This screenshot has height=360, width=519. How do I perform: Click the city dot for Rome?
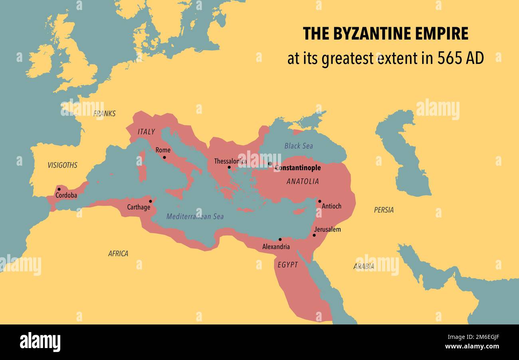164,157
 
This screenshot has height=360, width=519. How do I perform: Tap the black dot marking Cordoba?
59,189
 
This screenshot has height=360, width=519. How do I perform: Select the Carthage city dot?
151,201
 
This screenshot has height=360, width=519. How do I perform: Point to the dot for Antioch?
319,201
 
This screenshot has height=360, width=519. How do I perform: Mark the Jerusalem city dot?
314,235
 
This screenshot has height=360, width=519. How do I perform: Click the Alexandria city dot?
280,239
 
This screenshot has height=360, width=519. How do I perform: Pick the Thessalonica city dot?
229,167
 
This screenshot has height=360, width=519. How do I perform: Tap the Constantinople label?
297,168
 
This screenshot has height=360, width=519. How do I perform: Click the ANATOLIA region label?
303,182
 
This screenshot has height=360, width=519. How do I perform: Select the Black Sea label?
299,146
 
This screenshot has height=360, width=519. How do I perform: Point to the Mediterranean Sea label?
195,217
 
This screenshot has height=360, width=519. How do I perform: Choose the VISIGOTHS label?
62,165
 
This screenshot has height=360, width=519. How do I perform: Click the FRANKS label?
105,114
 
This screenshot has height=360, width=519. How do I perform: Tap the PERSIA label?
384,210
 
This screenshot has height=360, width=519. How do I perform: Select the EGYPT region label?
287,265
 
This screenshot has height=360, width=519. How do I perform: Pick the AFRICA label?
118,253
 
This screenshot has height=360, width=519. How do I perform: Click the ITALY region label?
146,132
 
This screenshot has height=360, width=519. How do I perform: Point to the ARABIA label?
364,266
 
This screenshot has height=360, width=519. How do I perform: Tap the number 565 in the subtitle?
449,58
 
